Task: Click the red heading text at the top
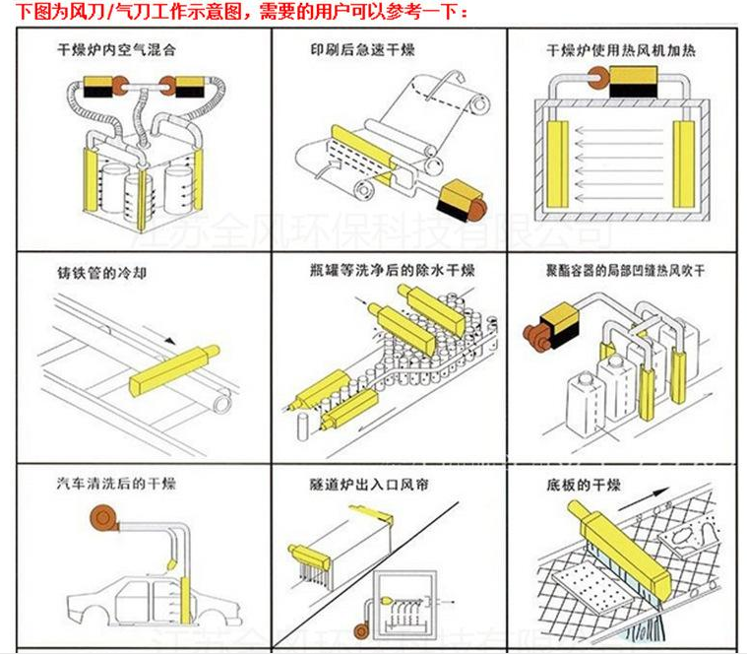tap(242, 13)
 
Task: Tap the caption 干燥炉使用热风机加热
tap(619, 49)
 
